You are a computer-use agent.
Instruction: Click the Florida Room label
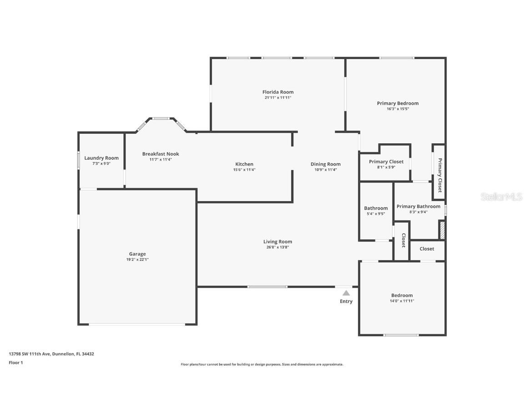click(277, 92)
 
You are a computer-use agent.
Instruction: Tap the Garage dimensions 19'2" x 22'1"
click(137, 260)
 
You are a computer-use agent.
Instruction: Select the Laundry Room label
click(101, 158)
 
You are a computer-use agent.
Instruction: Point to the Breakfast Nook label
click(157, 154)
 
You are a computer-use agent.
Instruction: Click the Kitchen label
click(244, 164)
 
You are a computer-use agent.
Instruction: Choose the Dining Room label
click(325, 164)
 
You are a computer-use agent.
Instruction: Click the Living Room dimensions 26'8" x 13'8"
click(277, 247)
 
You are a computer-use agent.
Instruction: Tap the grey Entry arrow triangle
click(346, 293)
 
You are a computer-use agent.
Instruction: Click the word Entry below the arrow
click(346, 301)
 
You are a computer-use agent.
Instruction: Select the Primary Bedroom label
click(398, 103)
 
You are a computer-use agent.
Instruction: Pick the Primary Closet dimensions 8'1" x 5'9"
click(386, 167)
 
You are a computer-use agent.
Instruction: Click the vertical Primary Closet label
click(439, 175)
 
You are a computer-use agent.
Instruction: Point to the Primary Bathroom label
click(418, 206)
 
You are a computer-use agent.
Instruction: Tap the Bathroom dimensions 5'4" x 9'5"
click(376, 214)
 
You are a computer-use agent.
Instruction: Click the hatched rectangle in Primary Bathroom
click(441, 230)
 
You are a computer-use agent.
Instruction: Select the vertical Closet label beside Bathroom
click(403, 241)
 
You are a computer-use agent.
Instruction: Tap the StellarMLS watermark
click(503, 196)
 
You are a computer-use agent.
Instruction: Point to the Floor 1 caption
click(15, 363)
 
